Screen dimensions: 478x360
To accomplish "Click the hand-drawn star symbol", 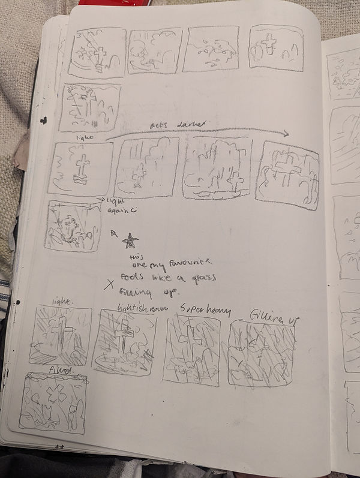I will point(129,242).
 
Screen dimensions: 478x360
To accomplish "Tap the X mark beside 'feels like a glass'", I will point(109,285).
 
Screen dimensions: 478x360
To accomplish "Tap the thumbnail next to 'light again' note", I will point(72,226).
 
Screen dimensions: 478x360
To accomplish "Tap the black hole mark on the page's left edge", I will point(43,121).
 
